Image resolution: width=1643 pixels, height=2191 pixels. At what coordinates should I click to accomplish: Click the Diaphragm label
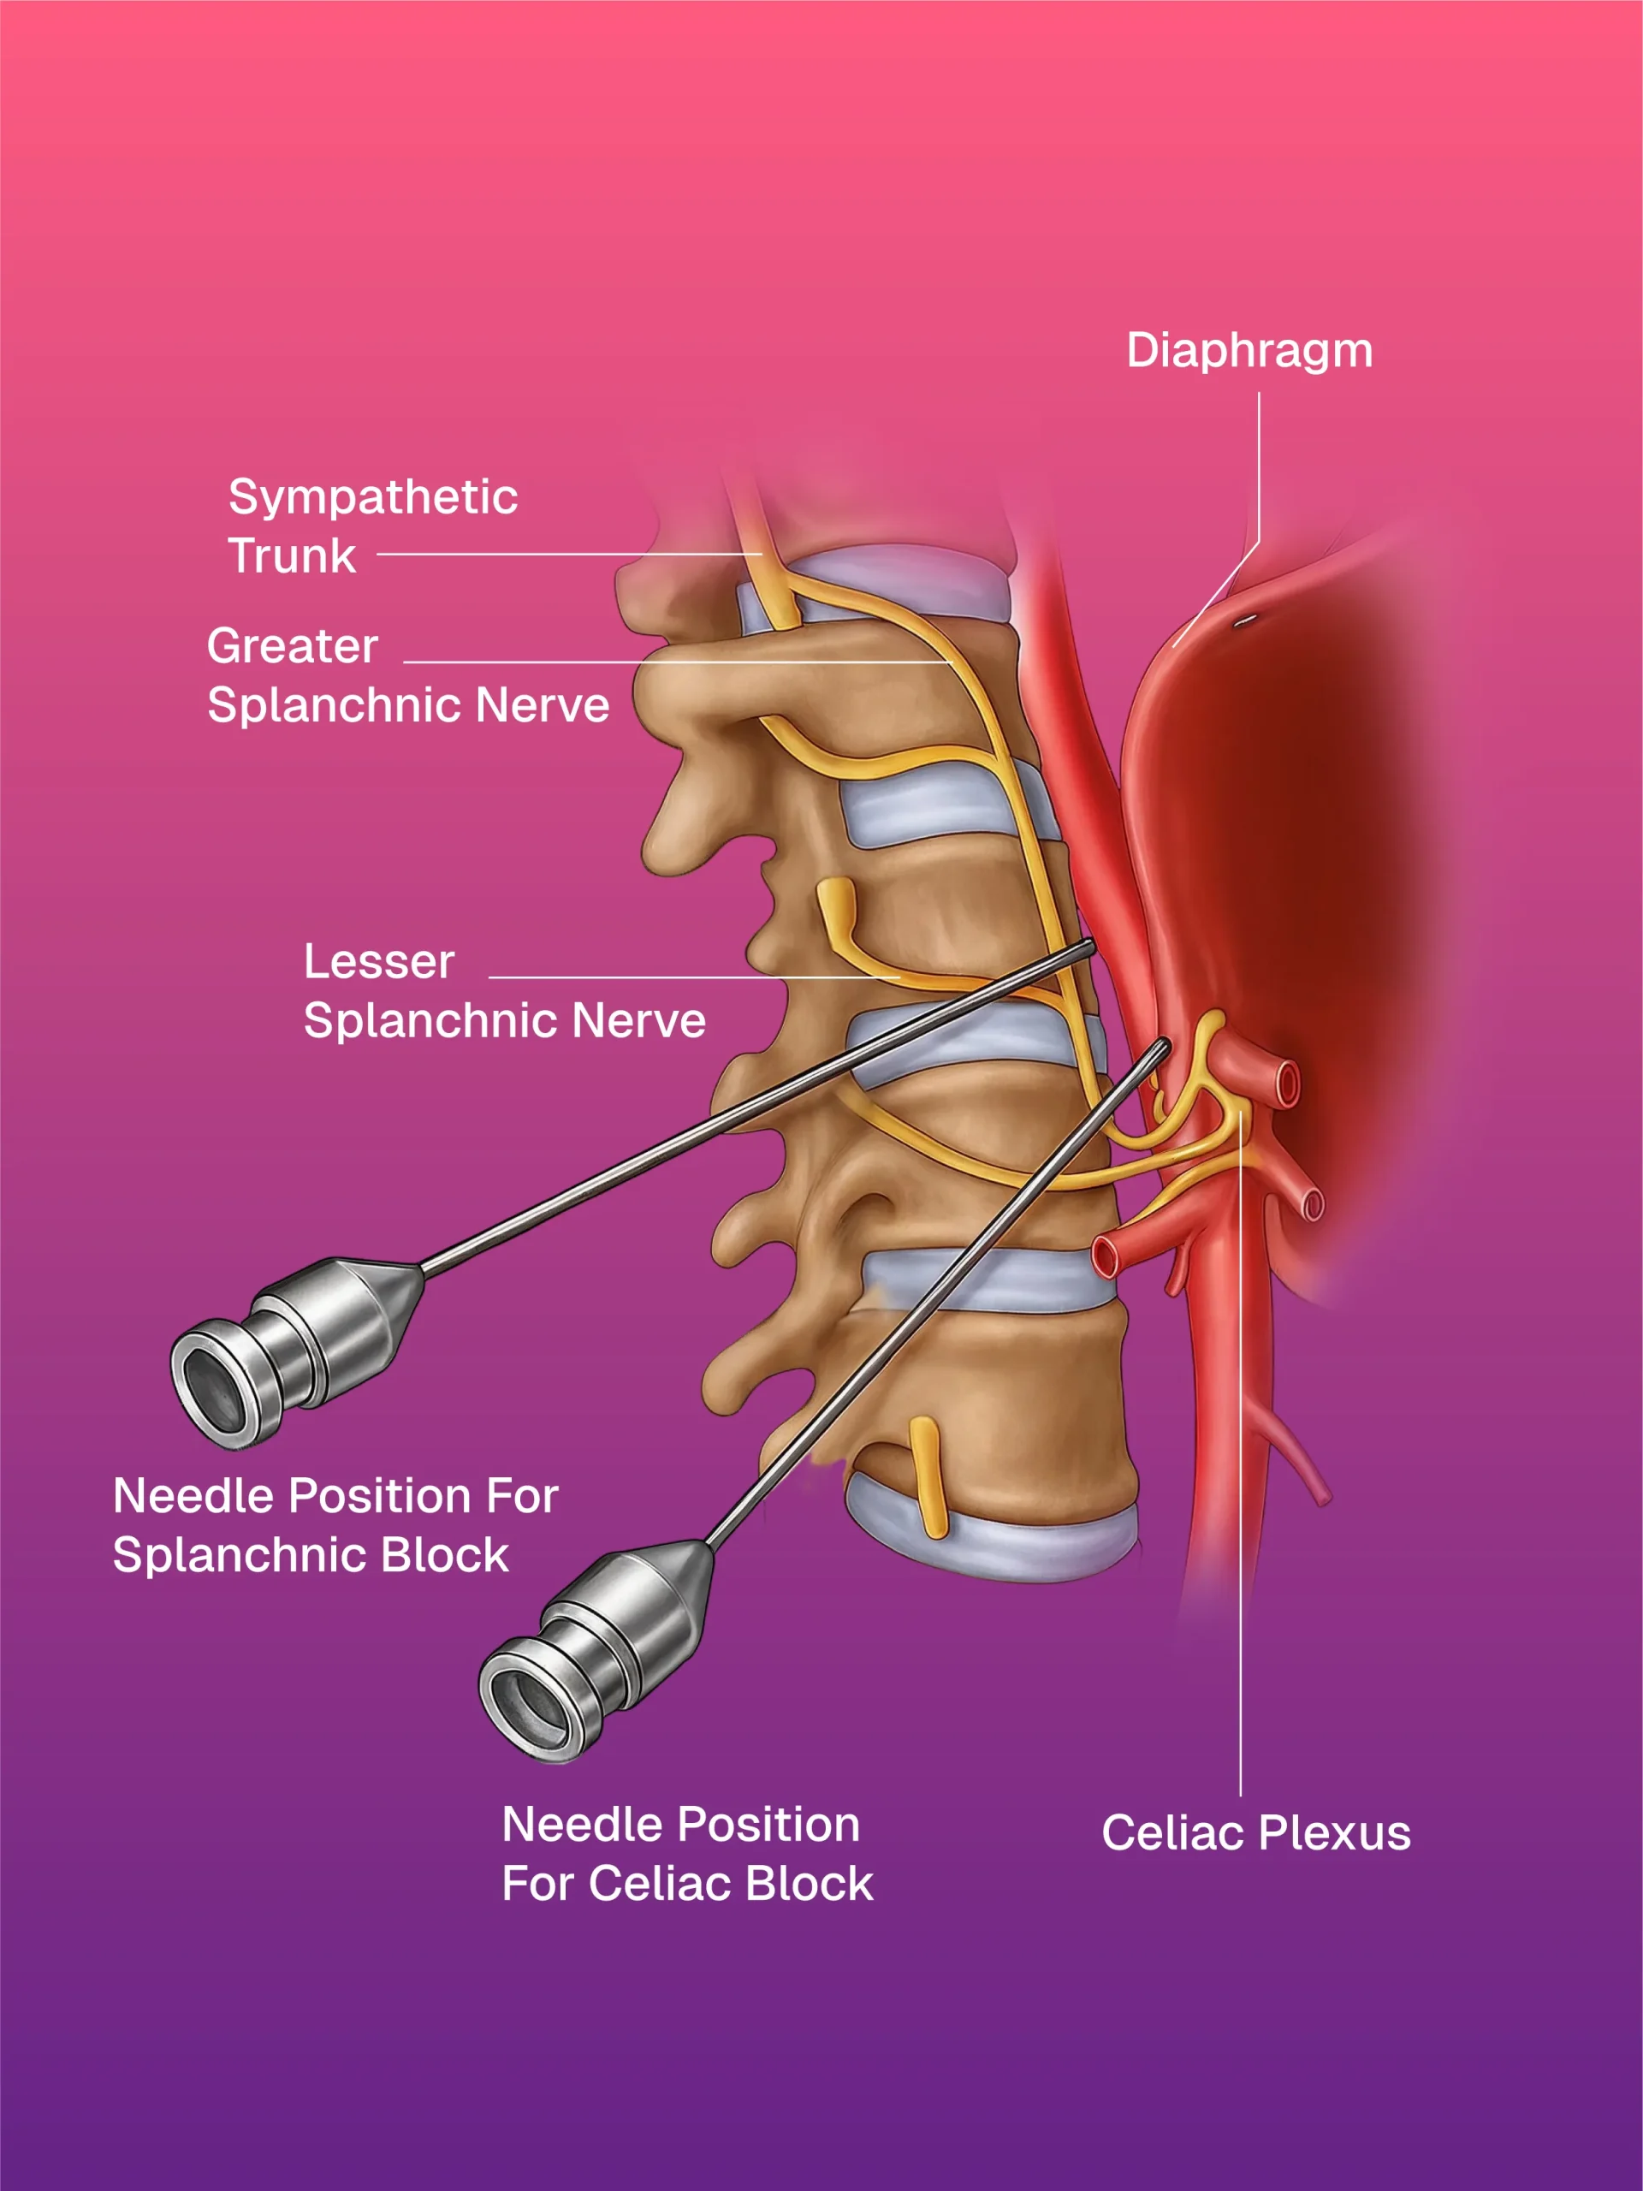(x=1249, y=352)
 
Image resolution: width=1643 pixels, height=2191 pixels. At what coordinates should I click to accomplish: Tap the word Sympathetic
(x=372, y=496)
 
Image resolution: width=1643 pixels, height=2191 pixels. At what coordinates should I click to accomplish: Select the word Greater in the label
(x=292, y=646)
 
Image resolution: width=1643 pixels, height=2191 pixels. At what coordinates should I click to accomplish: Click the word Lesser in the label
(x=378, y=961)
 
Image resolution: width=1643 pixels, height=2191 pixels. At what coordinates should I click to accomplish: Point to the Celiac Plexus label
(x=1255, y=1832)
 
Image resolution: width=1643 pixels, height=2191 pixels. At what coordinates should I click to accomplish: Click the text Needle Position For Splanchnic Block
(x=335, y=1524)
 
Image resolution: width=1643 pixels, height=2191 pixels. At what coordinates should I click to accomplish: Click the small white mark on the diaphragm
(x=1246, y=621)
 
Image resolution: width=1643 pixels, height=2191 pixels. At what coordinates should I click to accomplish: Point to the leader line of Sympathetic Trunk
(x=565, y=554)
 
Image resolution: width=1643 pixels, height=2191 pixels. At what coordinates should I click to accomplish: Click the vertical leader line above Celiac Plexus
(x=1240, y=1486)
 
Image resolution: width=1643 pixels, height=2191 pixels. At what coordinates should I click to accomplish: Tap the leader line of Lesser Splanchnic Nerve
(x=693, y=977)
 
